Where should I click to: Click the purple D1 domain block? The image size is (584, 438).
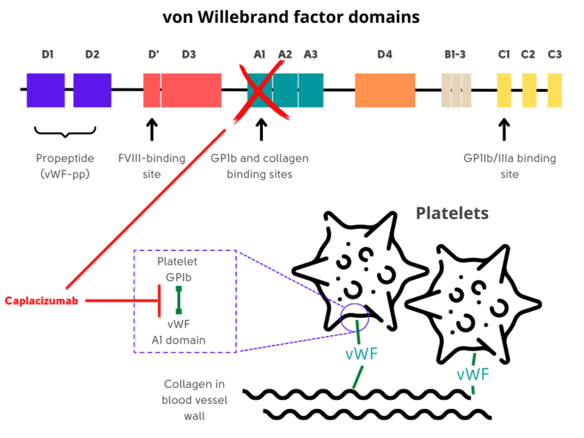coord(46,90)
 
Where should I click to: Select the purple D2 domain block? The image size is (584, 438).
coord(92,90)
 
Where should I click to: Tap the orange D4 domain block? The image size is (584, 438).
coord(385,90)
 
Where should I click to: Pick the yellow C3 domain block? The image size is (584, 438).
coord(554,90)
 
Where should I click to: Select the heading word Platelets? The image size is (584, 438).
coord(452,213)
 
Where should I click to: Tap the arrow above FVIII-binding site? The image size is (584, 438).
coord(151,129)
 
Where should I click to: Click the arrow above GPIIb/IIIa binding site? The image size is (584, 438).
coord(503,129)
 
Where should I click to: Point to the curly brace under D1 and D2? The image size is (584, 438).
coord(64,135)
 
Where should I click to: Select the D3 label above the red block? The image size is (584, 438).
coord(189,55)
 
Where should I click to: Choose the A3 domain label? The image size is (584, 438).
coord(311,55)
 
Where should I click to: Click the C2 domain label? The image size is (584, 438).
coord(528,55)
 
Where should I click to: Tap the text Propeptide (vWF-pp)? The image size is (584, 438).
coord(64,166)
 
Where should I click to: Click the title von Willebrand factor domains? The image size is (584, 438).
coord(291,17)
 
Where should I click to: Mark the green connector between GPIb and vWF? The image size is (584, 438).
coord(179,300)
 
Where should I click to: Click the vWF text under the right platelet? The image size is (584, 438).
coord(472,375)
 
